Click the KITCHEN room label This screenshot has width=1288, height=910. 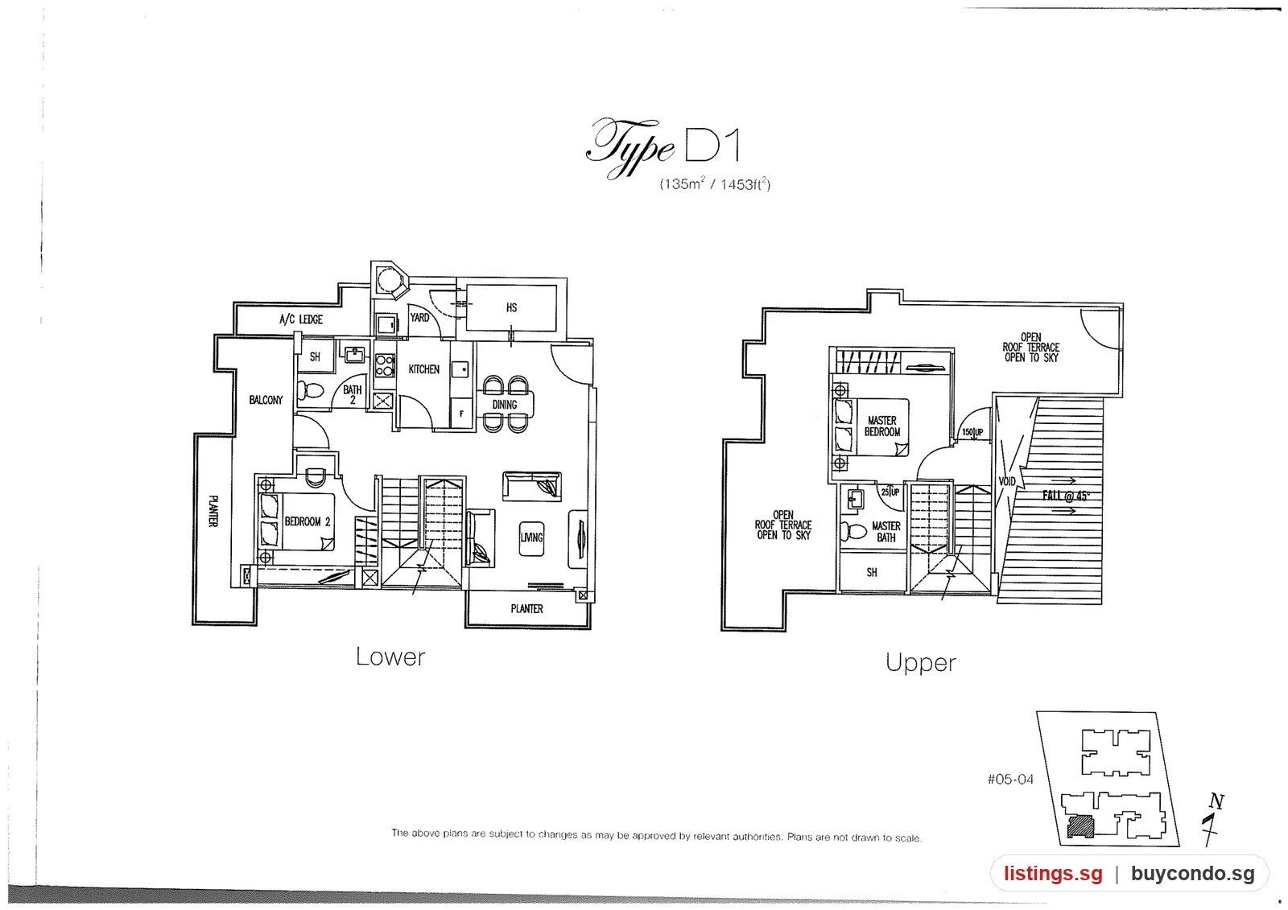point(423,369)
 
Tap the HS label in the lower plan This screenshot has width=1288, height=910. point(511,307)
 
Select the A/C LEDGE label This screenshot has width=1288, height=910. point(301,319)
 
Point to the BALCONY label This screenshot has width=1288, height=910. point(266,400)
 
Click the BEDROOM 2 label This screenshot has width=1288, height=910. point(308,521)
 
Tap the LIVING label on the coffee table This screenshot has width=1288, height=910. point(531,537)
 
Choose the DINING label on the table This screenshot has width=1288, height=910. point(504,405)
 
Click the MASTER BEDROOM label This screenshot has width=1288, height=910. point(882,426)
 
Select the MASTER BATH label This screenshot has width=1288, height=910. point(886,532)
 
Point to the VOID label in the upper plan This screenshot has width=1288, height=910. point(1007,481)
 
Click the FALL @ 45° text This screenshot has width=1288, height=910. point(1066,496)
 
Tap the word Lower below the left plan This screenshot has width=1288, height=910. point(390,657)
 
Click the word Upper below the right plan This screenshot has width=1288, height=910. point(921,663)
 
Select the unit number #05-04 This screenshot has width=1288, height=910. point(1010,780)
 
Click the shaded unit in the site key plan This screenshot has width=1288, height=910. point(1080,826)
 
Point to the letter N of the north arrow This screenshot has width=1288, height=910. point(1216,801)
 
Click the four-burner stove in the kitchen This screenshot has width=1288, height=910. point(384,365)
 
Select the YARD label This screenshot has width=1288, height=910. point(419,317)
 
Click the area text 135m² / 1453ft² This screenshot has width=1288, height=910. point(715,184)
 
